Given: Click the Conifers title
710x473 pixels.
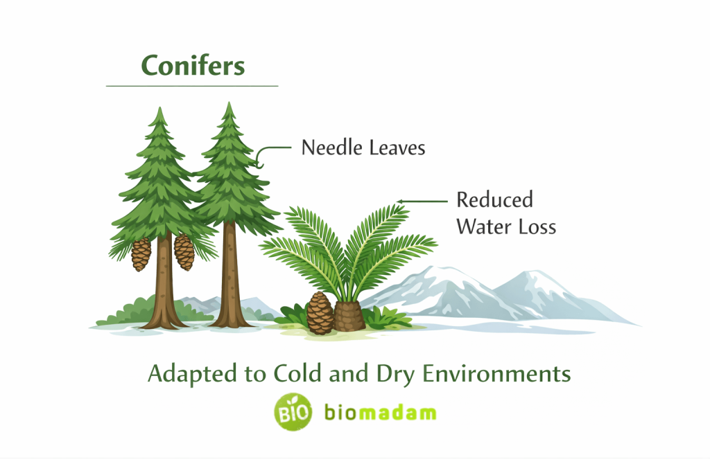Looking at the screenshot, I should click(193, 66).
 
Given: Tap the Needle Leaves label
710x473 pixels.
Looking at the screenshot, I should click(363, 148).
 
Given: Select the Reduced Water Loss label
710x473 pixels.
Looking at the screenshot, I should click(505, 213).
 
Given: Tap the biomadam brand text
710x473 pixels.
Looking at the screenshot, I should click(380, 413).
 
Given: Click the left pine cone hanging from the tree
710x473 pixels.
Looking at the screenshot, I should click(141, 254).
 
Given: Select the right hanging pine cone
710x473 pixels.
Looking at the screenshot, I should click(184, 251).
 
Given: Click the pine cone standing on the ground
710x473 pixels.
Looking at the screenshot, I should click(320, 313).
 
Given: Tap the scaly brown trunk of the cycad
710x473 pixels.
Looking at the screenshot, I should click(351, 316).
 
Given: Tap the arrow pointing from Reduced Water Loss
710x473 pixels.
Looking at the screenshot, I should click(423, 202).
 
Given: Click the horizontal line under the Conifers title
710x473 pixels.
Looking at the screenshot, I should click(192, 86).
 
